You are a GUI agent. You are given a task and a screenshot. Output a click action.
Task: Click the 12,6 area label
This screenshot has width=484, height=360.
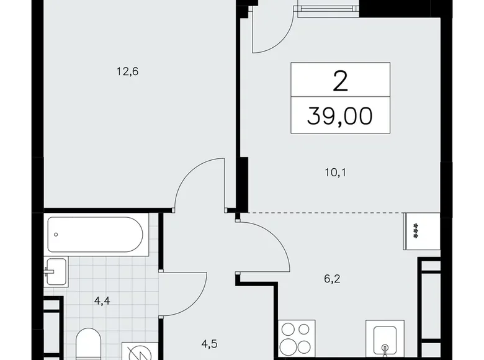click(x=127, y=71)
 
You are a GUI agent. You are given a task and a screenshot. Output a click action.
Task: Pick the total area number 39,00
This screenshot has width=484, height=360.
click(x=340, y=115)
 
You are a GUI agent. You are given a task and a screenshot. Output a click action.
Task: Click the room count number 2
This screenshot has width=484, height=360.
click(x=340, y=81)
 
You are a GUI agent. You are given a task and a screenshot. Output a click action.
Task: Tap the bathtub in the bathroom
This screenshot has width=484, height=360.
click(x=96, y=234)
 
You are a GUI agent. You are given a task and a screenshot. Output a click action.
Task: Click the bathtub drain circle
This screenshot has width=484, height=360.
click(x=56, y=235)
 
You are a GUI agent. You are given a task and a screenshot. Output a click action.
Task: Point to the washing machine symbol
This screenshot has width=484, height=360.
click(x=135, y=350)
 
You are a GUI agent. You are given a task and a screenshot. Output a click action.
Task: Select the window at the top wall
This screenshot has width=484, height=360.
click(x=328, y=9)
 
